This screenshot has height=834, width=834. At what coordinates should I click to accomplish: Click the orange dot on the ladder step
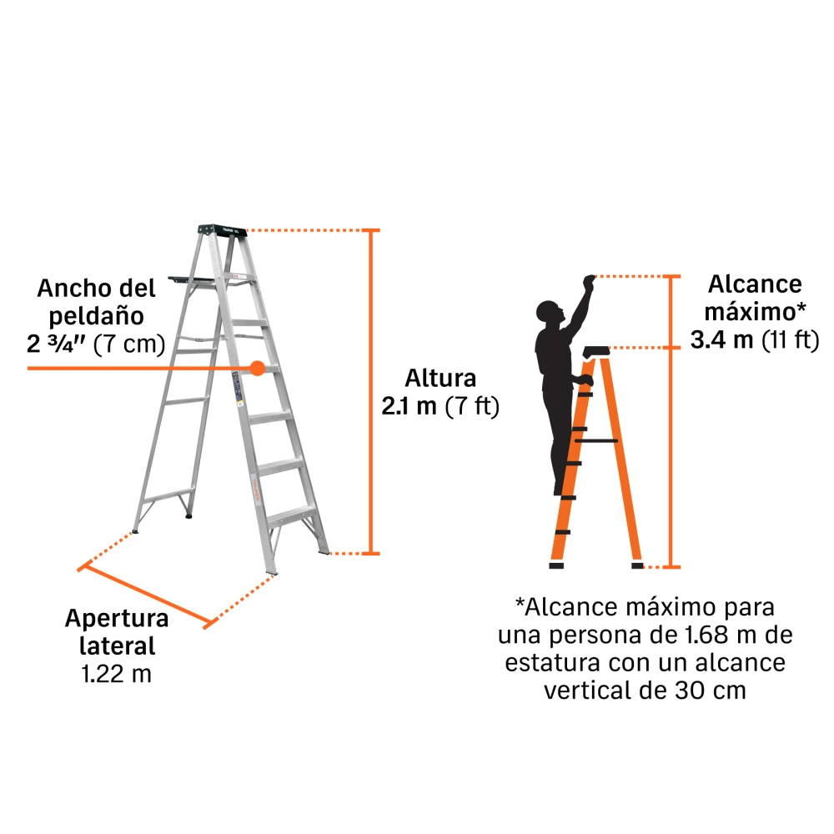pos(258,368)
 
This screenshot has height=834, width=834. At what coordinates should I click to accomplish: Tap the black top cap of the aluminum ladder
pos(223,230)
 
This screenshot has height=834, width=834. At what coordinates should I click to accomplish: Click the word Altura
pos(440,378)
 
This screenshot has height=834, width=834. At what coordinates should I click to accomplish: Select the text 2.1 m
pos(409,406)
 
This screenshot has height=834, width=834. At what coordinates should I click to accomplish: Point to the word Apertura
pos(117,619)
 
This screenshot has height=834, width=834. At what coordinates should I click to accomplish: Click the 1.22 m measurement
pos(117,674)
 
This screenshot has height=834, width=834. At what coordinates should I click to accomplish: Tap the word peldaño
pos(96,316)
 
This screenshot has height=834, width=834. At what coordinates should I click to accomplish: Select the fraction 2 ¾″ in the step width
pos(56,344)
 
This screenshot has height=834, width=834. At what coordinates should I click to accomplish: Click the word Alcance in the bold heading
pos(755,284)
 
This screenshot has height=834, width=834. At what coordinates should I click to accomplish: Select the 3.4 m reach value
pos(721,339)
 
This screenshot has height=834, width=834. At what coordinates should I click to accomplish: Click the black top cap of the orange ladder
pos(596,352)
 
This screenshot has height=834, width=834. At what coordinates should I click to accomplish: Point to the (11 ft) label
pos(791,339)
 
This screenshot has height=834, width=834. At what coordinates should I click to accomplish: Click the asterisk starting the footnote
pos(520,603)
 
